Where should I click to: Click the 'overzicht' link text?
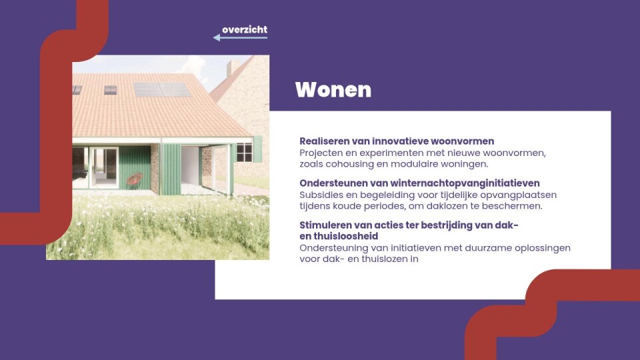click(245, 29)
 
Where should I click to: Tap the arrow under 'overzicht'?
click(240, 37)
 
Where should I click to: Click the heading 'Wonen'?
click(333, 89)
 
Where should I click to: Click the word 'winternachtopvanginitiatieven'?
click(465, 183)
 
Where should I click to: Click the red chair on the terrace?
click(134, 181)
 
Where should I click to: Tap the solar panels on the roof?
click(163, 89)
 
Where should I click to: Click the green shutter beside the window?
click(257, 149)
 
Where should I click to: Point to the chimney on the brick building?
click(233, 68)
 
